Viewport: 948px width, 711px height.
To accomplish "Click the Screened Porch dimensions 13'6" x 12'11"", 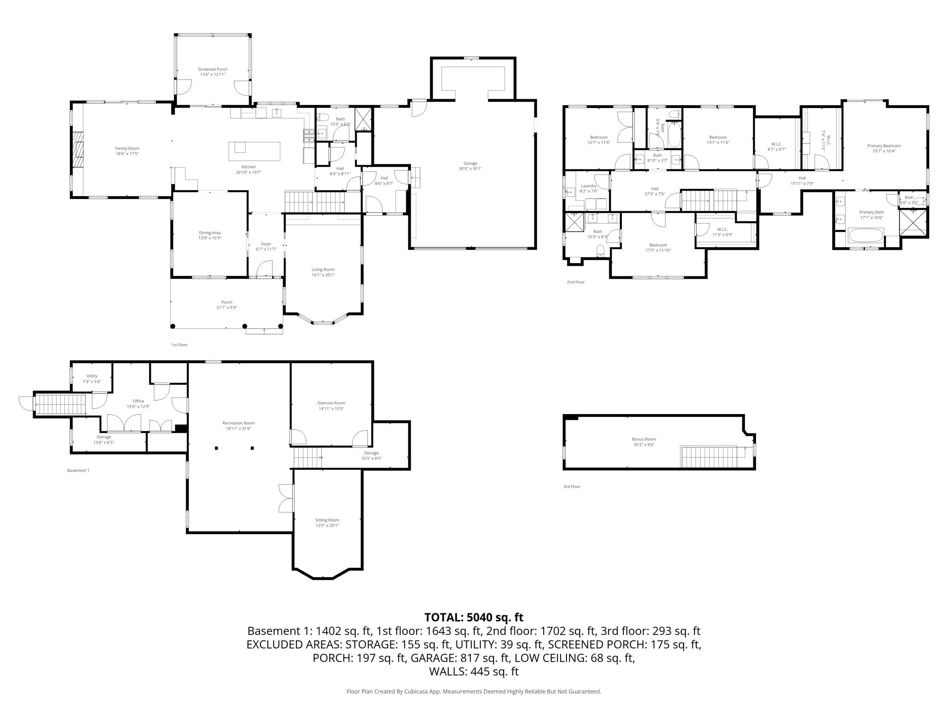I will (213, 75).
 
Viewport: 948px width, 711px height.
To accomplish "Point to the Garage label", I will (470, 163).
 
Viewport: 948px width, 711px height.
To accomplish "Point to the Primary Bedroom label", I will (884, 146).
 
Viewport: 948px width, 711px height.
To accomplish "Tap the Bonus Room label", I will (644, 439).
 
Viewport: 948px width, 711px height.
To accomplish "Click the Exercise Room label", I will (331, 403).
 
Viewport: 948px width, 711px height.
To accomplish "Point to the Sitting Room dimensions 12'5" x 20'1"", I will (327, 526).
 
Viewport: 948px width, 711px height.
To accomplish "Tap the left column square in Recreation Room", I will (216, 448).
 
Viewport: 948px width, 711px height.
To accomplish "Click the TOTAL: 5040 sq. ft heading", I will (474, 617).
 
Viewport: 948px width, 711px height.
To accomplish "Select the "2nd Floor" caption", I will (575, 282).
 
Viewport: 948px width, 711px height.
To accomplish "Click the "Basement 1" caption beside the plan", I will (78, 471).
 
